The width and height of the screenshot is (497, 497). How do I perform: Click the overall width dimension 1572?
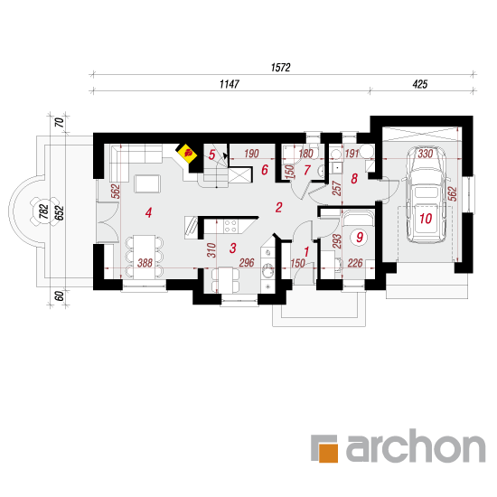[280, 68]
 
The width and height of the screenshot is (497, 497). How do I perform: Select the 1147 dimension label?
[230, 84]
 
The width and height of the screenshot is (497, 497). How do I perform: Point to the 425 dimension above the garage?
[420, 84]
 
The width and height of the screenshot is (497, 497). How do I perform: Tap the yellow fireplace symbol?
[186, 154]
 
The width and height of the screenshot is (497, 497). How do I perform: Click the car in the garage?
[426, 194]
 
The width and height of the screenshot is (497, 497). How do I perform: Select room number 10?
[426, 219]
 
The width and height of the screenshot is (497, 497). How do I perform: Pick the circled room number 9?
[359, 237]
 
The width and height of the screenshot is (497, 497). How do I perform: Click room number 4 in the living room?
[148, 212]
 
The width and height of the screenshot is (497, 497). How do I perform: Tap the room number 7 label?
[306, 170]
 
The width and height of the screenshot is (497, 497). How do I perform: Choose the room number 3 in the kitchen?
[232, 248]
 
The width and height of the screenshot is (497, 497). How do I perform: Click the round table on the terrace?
[44, 211]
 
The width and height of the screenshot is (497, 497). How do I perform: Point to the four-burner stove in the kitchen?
[230, 226]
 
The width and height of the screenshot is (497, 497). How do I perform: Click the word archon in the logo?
[416, 445]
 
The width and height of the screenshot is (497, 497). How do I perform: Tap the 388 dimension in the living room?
[145, 263]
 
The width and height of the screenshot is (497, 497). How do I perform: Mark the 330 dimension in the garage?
[425, 154]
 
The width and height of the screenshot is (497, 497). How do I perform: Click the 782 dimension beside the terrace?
[44, 211]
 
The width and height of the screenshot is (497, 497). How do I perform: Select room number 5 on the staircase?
[211, 155]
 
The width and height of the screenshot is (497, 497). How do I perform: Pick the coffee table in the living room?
[147, 183]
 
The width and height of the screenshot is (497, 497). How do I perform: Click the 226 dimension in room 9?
[355, 263]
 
